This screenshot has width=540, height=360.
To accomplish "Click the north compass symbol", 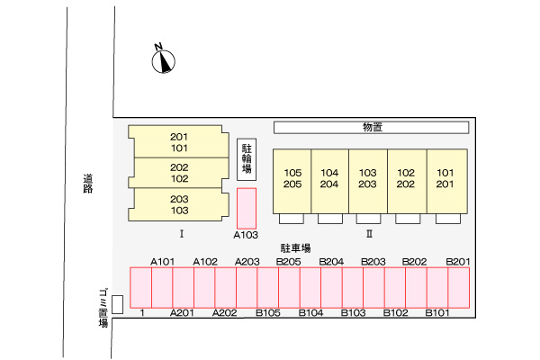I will click(x=162, y=59).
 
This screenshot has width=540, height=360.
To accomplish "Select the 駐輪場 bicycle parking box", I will click(x=247, y=160).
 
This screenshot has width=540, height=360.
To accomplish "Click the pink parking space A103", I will click(x=247, y=207).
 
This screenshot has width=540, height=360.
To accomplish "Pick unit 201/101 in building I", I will click(x=178, y=142).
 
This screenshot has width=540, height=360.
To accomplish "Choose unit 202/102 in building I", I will click(x=178, y=173).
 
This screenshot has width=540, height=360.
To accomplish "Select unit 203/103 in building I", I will click(x=178, y=204).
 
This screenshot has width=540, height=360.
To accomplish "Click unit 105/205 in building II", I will click(x=292, y=178).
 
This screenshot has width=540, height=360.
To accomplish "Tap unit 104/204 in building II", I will click(x=329, y=178).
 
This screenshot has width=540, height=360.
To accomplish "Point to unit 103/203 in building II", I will click(x=367, y=178).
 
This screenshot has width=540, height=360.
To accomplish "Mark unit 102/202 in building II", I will click(x=406, y=178).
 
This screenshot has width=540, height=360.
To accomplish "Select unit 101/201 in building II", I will click(x=445, y=178).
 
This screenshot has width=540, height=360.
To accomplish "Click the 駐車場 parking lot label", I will click(x=295, y=247).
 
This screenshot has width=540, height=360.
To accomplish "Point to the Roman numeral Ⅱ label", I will click(x=369, y=234).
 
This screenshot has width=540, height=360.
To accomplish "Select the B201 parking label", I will click(x=458, y=261).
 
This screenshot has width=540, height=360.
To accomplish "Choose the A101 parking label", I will click(x=162, y=261).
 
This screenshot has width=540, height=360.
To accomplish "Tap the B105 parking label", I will click(x=268, y=313).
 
